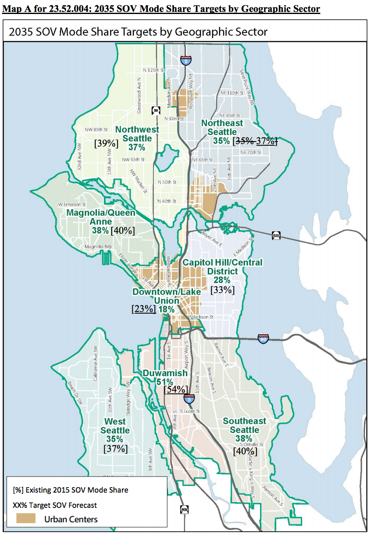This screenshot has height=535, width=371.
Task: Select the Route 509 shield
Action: pyautogui.click(x=185, y=509)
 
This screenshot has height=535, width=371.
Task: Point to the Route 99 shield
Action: pyautogui.click(x=155, y=111)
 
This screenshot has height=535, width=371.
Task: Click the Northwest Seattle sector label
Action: pyautogui.click(x=137, y=134)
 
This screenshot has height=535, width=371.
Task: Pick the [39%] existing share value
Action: pyautogui.click(x=106, y=143)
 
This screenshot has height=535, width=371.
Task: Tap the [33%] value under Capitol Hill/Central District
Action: pyautogui.click(x=222, y=290)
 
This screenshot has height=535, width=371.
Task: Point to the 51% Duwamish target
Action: pyautogui.click(x=164, y=381)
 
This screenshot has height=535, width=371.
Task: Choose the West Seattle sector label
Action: pyautogui.click(x=115, y=426)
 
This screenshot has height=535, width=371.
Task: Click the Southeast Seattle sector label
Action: pyautogui.click(x=244, y=425)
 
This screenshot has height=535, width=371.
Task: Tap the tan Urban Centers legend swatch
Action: pyautogui.click(x=26, y=519)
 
